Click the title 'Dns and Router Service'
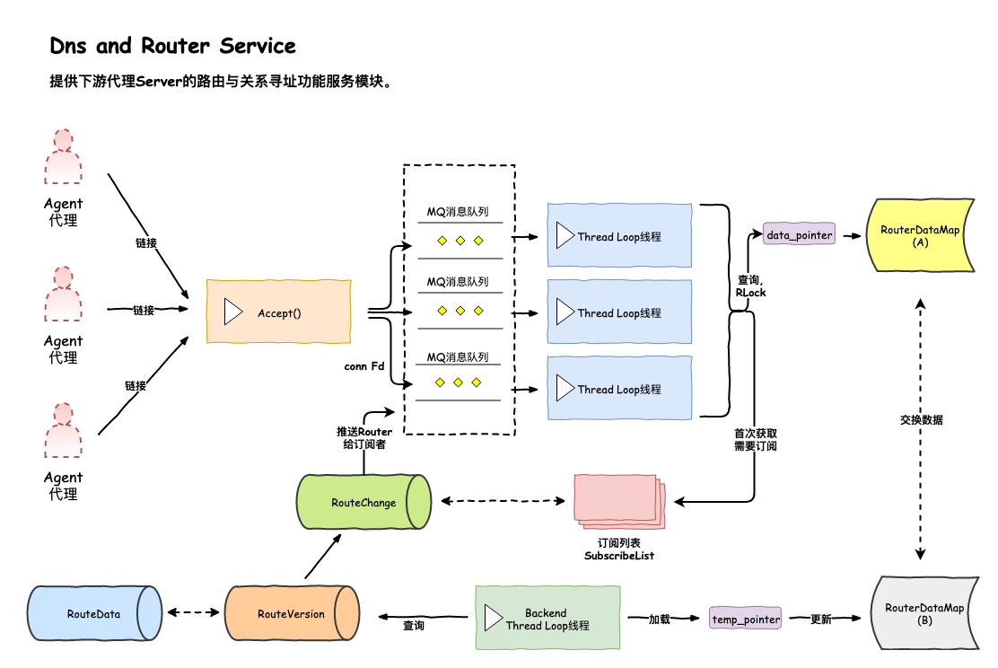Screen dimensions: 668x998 [x=173, y=46]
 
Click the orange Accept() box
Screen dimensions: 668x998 [x=278, y=311]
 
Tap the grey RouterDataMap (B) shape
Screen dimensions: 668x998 [x=924, y=614]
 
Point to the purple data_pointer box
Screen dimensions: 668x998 [x=799, y=235]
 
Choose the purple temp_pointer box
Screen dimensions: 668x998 [x=746, y=620]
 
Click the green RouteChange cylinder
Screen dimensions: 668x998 [x=363, y=503]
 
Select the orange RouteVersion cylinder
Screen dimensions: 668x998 [x=291, y=614]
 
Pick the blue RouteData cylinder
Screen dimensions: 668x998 [x=94, y=614]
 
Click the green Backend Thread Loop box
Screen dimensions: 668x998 [x=547, y=618]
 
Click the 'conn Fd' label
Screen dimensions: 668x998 [x=364, y=366]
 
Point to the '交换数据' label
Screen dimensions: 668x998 [x=921, y=419]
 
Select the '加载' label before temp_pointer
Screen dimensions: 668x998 [x=661, y=620]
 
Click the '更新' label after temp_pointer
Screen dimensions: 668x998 [x=820, y=620]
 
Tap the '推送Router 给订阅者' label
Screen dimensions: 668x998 [x=363, y=438]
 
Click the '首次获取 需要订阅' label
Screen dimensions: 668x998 [x=755, y=438]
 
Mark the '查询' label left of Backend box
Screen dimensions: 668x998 [x=414, y=625]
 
